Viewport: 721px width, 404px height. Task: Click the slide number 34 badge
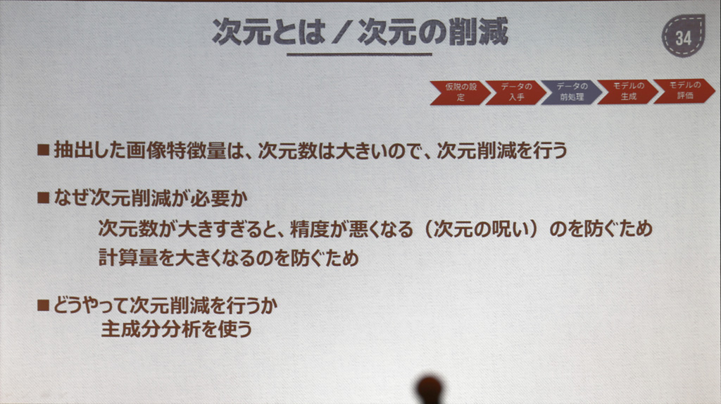[x=683, y=36]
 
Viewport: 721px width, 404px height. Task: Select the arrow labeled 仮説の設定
[x=460, y=92]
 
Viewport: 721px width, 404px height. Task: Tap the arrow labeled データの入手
[x=516, y=92]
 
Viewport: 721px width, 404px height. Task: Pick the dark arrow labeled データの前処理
[x=572, y=92]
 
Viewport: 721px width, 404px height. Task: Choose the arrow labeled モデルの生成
[x=627, y=91]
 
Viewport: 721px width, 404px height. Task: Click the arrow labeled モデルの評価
[x=684, y=91]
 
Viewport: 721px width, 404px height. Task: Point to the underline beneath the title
[x=359, y=54]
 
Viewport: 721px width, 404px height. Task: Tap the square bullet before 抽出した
[x=43, y=149]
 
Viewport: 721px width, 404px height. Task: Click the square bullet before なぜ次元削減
[x=43, y=197]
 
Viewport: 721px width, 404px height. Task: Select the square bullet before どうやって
[x=43, y=305]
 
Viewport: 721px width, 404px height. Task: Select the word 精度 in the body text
[x=309, y=228]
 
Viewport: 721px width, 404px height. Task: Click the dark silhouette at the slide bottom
[x=430, y=389]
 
